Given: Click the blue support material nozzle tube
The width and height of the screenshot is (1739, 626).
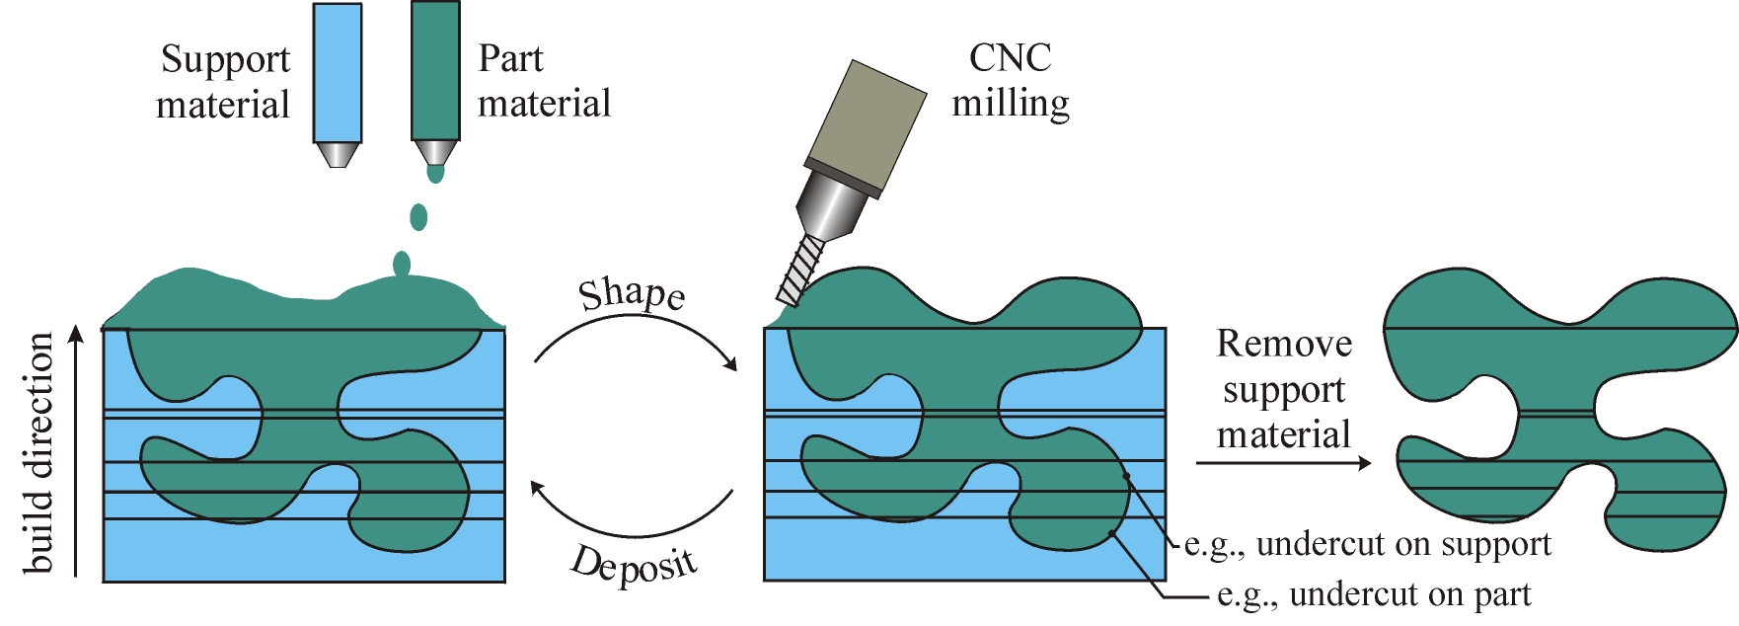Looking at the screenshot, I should click(338, 72).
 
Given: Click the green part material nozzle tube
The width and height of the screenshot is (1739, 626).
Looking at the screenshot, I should click(435, 70).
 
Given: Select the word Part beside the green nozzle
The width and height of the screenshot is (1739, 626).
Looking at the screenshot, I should click(510, 59).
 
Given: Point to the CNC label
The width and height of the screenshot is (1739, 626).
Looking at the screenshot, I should click(1010, 58).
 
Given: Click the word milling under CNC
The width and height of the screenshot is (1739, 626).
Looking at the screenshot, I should click(1010, 104).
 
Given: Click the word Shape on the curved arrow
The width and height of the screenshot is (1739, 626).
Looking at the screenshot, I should click(632, 294).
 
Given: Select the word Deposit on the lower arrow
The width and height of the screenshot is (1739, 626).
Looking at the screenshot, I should click(635, 567).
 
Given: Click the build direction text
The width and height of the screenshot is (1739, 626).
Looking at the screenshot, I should click(38, 452).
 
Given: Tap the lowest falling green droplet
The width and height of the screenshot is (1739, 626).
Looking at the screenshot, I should click(402, 265).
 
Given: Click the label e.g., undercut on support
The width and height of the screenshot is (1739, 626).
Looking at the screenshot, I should click(1367, 544).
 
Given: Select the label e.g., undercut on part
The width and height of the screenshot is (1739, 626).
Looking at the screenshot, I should click(1374, 594).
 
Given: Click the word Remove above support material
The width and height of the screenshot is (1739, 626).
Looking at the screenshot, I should click(1284, 344).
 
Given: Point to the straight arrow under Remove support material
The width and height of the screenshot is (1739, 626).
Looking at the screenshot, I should click(1283, 462).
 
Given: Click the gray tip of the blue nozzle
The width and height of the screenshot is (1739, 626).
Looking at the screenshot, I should click(338, 155).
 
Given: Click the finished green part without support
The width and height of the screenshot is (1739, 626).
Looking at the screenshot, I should click(1559, 375).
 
